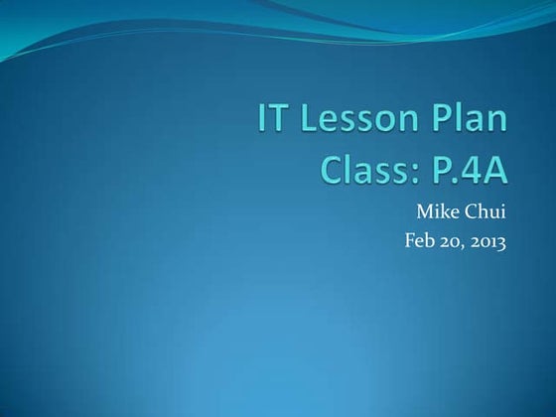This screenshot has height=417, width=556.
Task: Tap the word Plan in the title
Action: (468, 122)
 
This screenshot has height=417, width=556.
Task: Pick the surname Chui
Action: (486, 211)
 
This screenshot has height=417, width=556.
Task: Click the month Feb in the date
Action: (419, 239)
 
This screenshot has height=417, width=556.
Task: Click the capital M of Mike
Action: (424, 211)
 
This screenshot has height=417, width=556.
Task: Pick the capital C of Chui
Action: (473, 211)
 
